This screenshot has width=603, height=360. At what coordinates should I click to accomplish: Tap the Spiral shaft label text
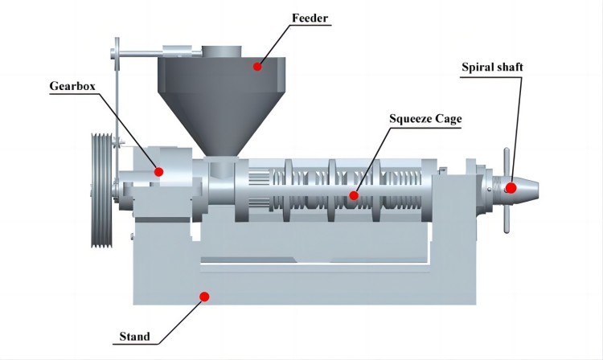tap(492, 67)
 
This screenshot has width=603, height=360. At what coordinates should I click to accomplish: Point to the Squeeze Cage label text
tap(425, 119)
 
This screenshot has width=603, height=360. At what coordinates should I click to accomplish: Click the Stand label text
tap(133, 336)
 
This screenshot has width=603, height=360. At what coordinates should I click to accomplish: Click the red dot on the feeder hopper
tap(257, 66)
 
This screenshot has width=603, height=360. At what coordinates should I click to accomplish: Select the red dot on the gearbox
tap(159, 171)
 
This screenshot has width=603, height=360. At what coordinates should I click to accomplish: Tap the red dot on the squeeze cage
tap(353, 194)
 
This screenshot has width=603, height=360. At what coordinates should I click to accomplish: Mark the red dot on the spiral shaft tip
tap(511, 188)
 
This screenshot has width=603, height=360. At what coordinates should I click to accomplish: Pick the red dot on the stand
tap(204, 297)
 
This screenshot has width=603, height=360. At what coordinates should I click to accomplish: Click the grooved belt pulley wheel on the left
tap(102, 191)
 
